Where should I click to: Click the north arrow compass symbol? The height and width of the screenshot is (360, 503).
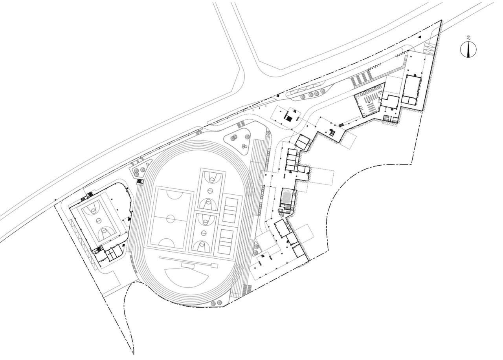pos(468,49)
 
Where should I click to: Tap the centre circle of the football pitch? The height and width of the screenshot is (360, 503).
pos(171,218)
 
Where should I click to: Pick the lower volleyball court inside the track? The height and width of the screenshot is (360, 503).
pos(226,242)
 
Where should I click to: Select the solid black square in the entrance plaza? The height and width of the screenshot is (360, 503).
pos(289,118)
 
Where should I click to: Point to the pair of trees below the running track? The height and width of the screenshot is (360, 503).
pos(216,303)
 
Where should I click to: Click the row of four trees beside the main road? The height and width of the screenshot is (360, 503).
pos(312,94)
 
